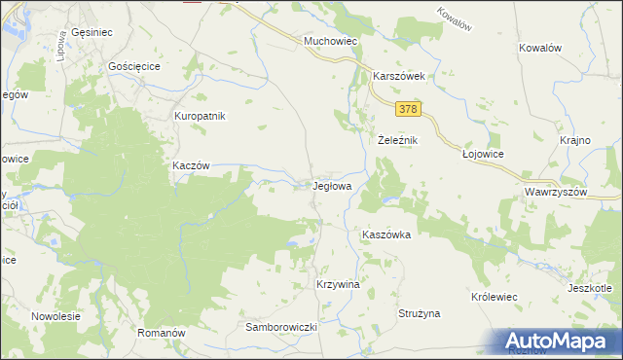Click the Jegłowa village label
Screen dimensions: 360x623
coord(339,184)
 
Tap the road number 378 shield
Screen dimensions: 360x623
coord(409,110)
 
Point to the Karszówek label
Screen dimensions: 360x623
coord(400,75)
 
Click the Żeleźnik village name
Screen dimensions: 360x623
coord(397,140)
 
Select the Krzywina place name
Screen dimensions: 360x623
coord(338,284)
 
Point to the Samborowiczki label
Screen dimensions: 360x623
coord(282,328)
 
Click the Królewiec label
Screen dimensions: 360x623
coord(494,295)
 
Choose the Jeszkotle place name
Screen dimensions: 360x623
coord(590,288)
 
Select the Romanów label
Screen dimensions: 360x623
coord(162,333)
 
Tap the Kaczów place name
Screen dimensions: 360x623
coord(191,165)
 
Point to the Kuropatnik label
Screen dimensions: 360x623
coord(200,116)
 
